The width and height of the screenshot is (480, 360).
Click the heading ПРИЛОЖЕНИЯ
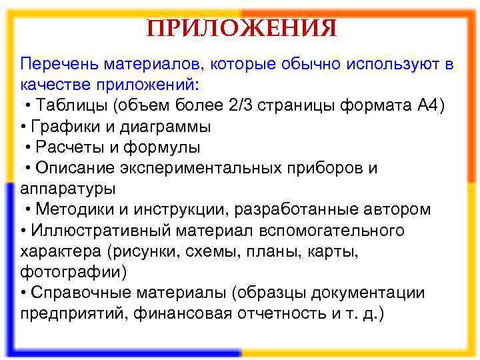click(x=241, y=29)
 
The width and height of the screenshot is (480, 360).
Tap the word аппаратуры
click(x=68, y=189)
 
